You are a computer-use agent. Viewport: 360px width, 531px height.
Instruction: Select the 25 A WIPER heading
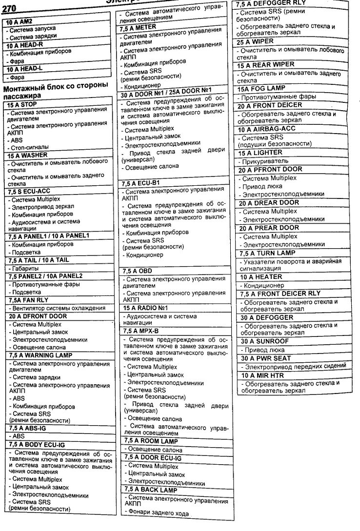coord(256,42)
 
